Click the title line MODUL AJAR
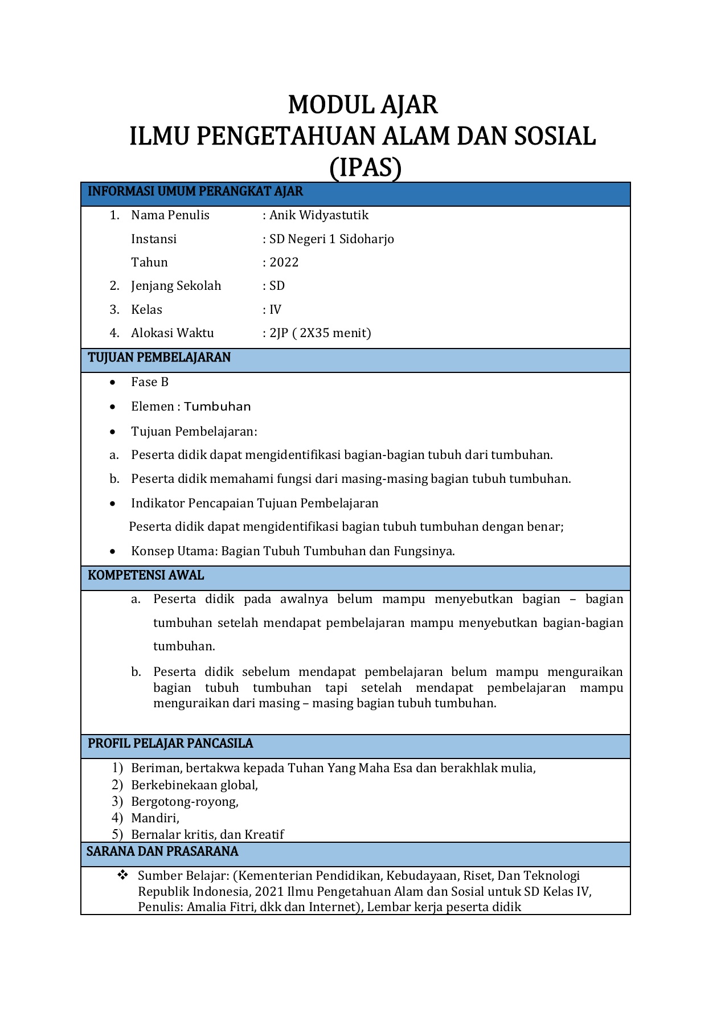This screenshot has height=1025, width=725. [x=363, y=105]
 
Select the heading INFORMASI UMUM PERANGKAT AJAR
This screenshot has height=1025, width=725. [x=195, y=191]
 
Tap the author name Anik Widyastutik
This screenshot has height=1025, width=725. [x=319, y=215]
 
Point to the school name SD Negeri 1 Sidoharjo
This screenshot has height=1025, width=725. [x=331, y=239]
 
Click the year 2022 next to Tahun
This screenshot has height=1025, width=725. [x=284, y=263]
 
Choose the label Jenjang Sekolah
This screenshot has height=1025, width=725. [x=176, y=286]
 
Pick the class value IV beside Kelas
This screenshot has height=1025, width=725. [x=275, y=310]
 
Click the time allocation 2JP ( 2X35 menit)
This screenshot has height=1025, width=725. [x=320, y=333]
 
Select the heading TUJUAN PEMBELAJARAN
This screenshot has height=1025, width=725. [x=159, y=358]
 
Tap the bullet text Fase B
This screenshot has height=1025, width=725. [x=150, y=382]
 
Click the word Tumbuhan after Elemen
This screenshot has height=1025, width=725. [x=218, y=407]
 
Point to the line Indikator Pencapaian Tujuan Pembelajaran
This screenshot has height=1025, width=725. [x=255, y=503]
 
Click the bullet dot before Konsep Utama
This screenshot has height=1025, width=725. [x=114, y=551]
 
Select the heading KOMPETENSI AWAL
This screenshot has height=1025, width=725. [x=146, y=575]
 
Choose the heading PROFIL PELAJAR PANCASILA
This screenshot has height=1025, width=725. [x=170, y=744]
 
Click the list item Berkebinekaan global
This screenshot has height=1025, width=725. [x=194, y=785]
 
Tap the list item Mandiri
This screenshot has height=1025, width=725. [x=155, y=818]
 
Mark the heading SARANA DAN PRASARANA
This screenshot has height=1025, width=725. [x=162, y=852]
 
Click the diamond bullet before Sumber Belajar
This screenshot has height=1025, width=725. [x=122, y=875]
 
